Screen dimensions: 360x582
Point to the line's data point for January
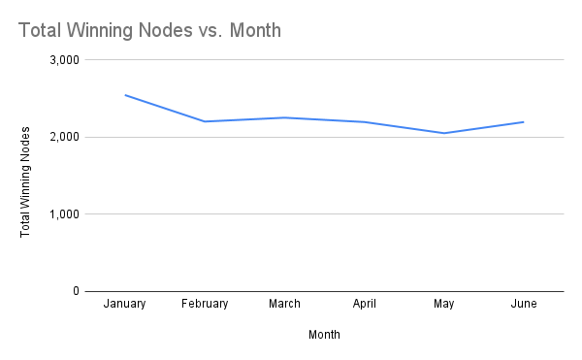(125, 95)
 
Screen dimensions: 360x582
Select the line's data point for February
(205, 121)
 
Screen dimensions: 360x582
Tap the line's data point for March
(284, 117)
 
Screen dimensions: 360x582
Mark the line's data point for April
(364, 121)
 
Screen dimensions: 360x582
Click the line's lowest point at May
(443, 133)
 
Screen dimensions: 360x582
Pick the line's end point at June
(523, 121)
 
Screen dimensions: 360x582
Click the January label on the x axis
(125, 304)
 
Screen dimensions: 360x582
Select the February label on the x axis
(205, 304)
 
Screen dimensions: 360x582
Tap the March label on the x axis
(284, 304)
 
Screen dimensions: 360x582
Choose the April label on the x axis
(364, 304)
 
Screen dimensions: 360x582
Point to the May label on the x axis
(443, 304)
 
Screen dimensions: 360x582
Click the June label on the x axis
(523, 304)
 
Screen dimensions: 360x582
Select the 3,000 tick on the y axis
(65, 60)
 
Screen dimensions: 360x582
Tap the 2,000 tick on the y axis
(65, 137)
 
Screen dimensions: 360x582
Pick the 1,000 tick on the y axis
(65, 213)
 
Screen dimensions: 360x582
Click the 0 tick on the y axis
(76, 291)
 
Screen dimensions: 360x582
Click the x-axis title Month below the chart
(324, 335)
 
